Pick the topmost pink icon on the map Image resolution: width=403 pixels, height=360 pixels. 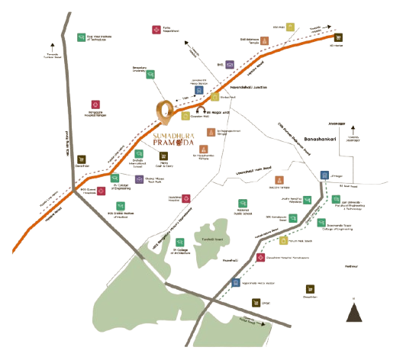pyautogui.click(x=156, y=29)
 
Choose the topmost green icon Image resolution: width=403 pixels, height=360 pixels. pyautogui.click(x=82, y=36)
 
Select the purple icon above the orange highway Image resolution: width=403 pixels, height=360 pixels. pyautogui.click(x=229, y=63)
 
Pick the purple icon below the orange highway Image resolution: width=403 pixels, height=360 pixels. pyautogui.click(x=139, y=180)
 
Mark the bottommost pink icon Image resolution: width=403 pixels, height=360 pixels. pyautogui.click(x=261, y=258)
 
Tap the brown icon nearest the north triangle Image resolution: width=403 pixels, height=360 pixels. pyautogui.click(x=310, y=288)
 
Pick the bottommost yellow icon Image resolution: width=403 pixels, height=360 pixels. pyautogui.click(x=283, y=239)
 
